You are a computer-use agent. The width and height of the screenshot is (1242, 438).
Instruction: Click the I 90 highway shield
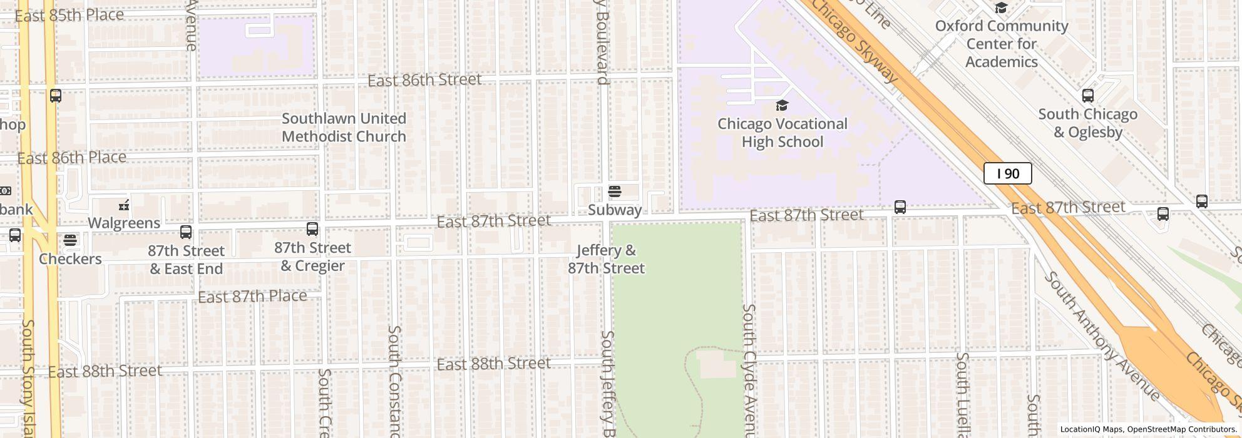(1007, 173)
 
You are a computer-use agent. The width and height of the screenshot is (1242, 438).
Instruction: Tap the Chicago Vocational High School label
(782, 133)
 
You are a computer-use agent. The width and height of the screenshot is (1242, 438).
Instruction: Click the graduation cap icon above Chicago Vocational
(782, 105)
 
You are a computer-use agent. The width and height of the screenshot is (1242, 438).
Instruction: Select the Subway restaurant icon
(614, 191)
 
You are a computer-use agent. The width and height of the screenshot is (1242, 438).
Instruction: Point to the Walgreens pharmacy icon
(124, 205)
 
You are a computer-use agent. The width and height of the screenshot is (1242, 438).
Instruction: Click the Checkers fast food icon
(70, 240)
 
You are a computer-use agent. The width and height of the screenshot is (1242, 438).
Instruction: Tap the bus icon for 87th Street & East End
(186, 232)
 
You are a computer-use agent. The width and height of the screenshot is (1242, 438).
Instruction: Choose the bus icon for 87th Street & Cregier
(312, 229)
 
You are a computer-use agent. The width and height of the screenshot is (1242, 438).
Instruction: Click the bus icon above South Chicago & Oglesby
(1088, 96)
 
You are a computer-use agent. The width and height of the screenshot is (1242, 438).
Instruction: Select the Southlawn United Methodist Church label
(344, 128)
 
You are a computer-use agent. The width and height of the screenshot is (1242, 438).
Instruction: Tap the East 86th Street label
(424, 80)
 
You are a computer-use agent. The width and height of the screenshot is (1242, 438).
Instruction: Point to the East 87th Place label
(252, 296)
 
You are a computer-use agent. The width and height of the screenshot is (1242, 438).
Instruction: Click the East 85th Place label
(69, 15)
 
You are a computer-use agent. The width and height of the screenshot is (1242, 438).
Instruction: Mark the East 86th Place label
(71, 158)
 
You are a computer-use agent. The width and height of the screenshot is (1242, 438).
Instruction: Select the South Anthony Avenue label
(1101, 335)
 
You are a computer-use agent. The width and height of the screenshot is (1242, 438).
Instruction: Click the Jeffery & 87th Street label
(606, 260)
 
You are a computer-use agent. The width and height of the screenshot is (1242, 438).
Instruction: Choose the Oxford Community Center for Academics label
(1001, 44)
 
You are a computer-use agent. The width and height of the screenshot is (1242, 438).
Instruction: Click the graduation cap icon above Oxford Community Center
(1001, 8)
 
